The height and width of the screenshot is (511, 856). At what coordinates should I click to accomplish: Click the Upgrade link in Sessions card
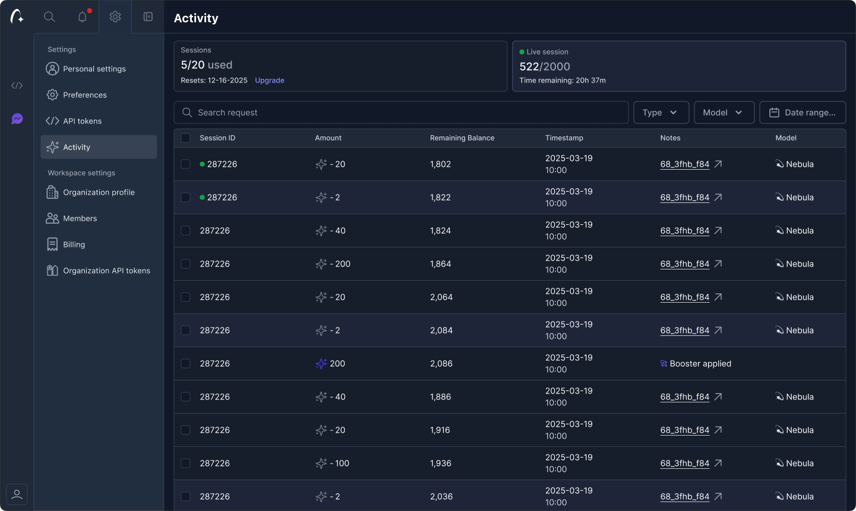(269, 81)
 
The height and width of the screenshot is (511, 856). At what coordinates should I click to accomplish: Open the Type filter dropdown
(661, 113)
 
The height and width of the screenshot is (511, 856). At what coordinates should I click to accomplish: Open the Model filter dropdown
(724, 113)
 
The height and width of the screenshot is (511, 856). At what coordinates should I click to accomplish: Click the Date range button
(803, 113)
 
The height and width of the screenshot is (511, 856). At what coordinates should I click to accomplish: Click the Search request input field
(401, 113)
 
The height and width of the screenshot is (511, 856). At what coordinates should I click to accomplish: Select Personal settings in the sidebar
(94, 69)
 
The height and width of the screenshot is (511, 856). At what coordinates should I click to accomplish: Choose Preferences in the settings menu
(84, 95)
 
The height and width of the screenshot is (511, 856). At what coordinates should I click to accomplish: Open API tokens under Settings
(82, 121)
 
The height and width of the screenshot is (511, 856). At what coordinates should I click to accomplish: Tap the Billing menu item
(74, 245)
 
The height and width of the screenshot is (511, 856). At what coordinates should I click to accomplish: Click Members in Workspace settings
(80, 218)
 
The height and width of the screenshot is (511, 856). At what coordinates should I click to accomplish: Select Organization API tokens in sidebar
(106, 271)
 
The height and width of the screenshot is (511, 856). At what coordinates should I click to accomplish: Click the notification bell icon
(83, 17)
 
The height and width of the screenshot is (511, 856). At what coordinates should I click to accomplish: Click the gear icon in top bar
(115, 17)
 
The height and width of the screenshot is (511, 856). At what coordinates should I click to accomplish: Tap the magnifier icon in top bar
(49, 17)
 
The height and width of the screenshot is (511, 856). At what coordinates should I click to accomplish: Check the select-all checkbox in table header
(185, 138)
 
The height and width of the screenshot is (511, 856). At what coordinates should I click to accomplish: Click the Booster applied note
(700, 364)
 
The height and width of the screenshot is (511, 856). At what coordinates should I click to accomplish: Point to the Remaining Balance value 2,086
(441, 364)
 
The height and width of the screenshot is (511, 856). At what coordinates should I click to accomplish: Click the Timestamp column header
(564, 138)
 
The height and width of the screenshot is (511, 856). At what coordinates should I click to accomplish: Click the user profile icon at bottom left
(17, 494)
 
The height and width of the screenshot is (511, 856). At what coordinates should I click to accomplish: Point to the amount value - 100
(339, 464)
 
